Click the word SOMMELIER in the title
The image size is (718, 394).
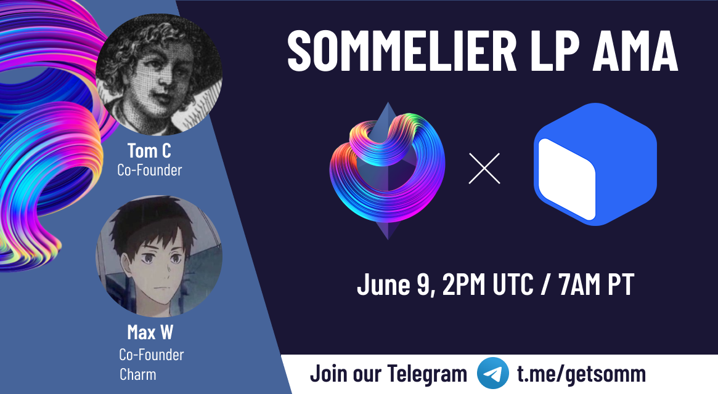click(x=402, y=50)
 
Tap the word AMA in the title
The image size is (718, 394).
click(x=635, y=50)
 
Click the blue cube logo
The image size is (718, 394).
click(x=595, y=164)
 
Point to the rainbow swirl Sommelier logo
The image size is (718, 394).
click(x=388, y=171)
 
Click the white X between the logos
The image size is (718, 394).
click(x=484, y=169)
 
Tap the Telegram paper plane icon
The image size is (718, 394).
click(x=492, y=374)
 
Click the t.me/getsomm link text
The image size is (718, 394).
click(x=582, y=374)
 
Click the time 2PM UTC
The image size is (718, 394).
click(x=488, y=284)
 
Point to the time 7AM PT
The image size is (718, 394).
click(x=596, y=284)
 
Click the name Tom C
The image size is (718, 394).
click(x=149, y=151)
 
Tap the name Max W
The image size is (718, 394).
click(x=150, y=332)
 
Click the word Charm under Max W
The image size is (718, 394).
click(x=138, y=374)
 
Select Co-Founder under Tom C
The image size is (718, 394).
click(x=150, y=171)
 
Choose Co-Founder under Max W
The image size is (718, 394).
click(x=151, y=355)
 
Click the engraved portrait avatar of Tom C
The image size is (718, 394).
click(x=159, y=74)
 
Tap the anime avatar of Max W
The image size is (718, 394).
click(x=159, y=256)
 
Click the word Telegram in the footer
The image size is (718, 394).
click(x=427, y=374)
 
